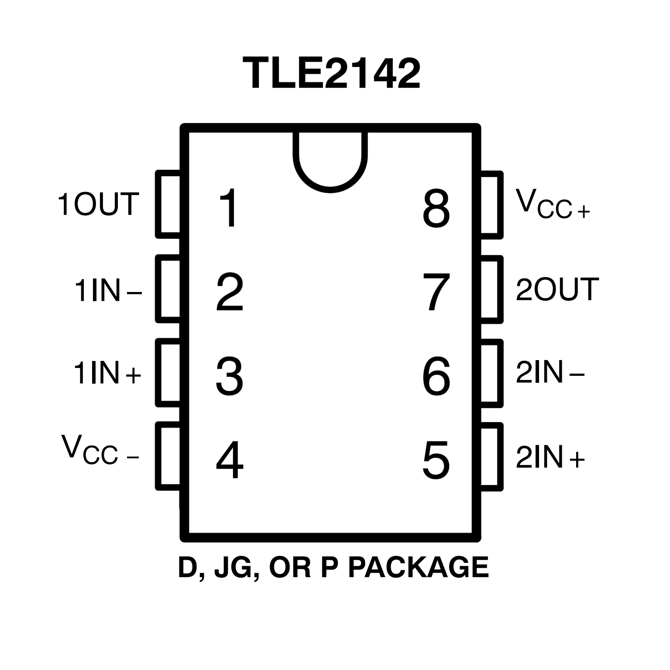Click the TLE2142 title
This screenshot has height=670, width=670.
click(x=331, y=73)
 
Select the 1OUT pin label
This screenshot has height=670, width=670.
click(x=98, y=204)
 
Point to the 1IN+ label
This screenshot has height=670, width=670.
click(x=107, y=373)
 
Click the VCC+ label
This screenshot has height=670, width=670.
click(x=552, y=204)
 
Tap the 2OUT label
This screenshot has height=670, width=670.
click(x=557, y=289)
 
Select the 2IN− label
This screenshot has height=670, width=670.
click(x=550, y=373)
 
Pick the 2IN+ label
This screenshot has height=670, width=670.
click(x=550, y=457)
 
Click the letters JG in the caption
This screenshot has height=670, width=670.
click(x=232, y=568)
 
